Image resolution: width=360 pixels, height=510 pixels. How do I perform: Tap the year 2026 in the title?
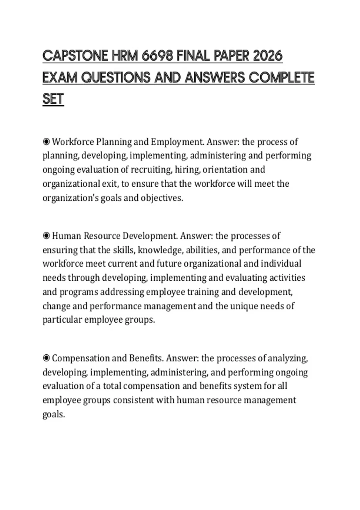(x=268, y=56)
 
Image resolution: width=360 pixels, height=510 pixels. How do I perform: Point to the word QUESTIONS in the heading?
(x=116, y=78)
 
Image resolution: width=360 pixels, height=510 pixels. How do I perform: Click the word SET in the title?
(x=53, y=99)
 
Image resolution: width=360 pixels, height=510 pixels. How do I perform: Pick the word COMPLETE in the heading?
(x=281, y=78)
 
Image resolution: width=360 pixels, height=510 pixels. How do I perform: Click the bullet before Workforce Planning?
(x=46, y=142)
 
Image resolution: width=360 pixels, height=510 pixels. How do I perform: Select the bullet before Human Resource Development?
(x=46, y=236)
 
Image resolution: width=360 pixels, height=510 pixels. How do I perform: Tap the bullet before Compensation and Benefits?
(x=46, y=358)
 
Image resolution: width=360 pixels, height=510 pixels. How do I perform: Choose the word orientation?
(x=225, y=170)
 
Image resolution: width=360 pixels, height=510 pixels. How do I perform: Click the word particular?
(x=62, y=320)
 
